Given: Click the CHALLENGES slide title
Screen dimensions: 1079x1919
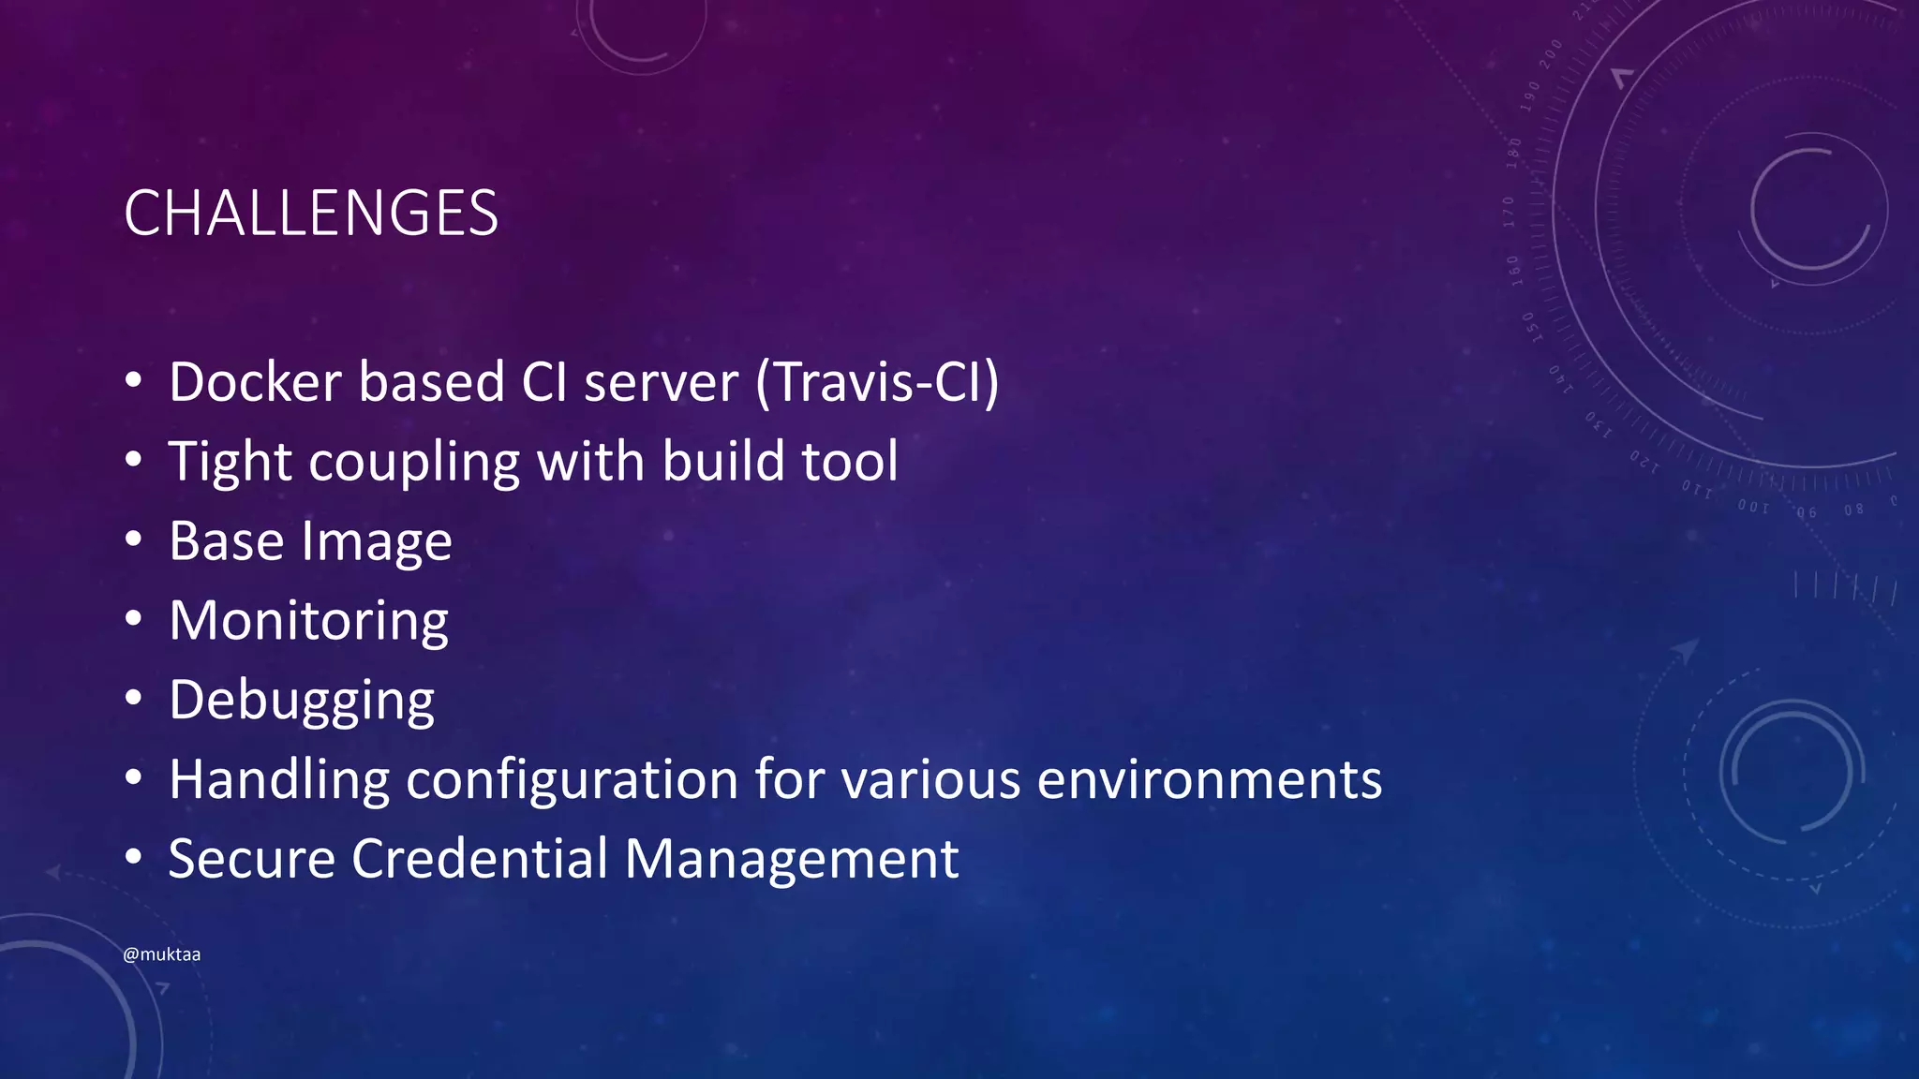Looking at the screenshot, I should pyautogui.click(x=310, y=214).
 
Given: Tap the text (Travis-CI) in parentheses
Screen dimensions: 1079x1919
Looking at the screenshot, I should pyautogui.click(x=878, y=382).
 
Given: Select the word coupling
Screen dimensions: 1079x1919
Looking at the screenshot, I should pyautogui.click(x=414, y=463).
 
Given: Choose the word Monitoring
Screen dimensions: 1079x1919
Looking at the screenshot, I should pyautogui.click(x=309, y=622).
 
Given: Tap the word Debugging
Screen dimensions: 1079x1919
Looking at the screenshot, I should pyautogui.click(x=302, y=702).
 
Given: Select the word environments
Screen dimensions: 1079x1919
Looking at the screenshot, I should pyautogui.click(x=1209, y=780).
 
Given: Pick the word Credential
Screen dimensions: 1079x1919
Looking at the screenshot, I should pyautogui.click(x=480, y=859).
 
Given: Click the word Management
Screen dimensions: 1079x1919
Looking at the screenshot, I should pyautogui.click(x=791, y=859).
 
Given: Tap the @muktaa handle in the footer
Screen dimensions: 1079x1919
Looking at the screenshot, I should pyautogui.click(x=161, y=954).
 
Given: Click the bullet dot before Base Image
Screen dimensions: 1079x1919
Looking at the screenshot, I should pyautogui.click(x=134, y=539).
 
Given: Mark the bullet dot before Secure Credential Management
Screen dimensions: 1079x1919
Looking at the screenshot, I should pyautogui.click(x=134, y=857).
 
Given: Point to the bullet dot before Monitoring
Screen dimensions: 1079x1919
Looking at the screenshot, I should pyautogui.click(x=134, y=619).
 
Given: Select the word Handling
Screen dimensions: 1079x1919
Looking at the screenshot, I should pyautogui.click(x=278, y=780).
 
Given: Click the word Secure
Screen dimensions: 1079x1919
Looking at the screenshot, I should pyautogui.click(x=251, y=859).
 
